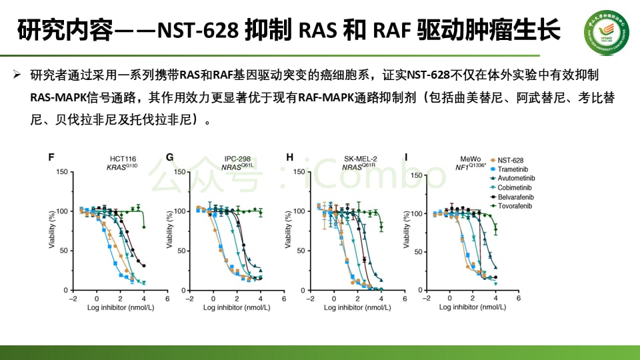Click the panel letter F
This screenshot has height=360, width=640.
51,157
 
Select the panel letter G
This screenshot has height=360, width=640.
170,157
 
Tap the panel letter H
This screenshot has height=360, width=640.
289,157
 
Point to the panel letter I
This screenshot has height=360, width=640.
406,157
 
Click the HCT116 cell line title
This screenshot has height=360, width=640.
123,159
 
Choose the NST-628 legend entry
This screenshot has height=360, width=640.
510,160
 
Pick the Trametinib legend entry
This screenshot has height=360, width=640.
513,169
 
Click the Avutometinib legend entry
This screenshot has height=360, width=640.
515,179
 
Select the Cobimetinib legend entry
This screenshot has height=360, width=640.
514,188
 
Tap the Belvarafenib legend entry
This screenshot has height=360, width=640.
515,197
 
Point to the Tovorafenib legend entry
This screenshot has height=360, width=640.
515,207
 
